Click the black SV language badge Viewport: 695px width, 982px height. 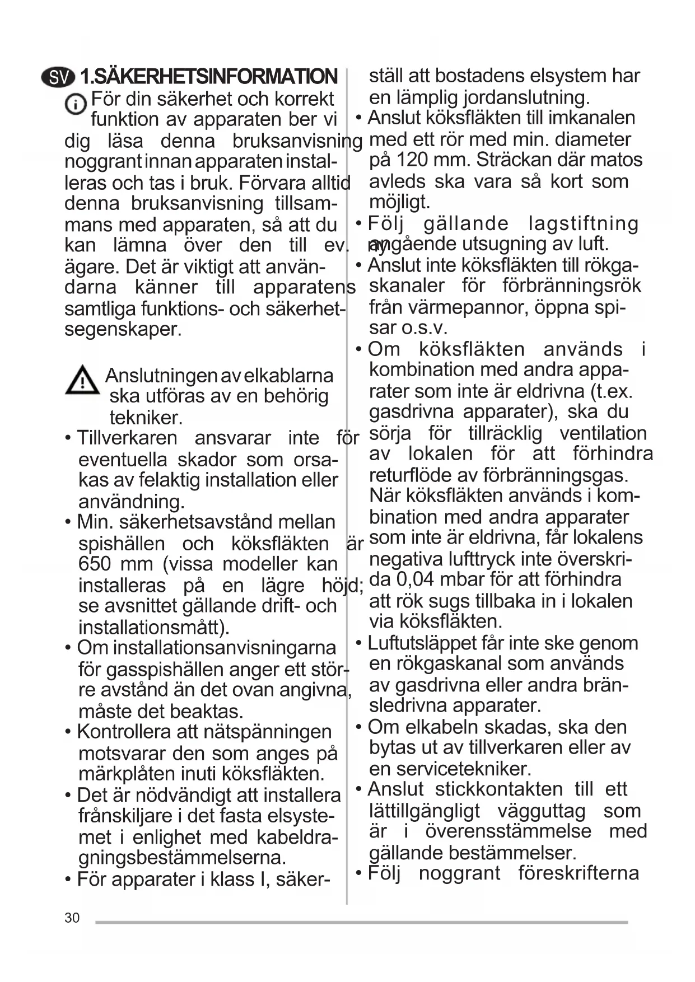[x=57, y=77]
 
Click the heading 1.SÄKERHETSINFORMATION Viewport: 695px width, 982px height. [x=209, y=77]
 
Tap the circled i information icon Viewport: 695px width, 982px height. [x=76, y=105]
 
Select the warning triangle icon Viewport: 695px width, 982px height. [x=82, y=380]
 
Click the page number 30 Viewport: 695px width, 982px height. [x=72, y=918]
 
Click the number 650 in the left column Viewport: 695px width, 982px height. [x=95, y=564]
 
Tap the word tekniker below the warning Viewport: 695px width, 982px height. [x=146, y=418]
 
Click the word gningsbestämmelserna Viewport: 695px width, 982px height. [x=182, y=857]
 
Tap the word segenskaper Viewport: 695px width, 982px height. [x=123, y=329]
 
